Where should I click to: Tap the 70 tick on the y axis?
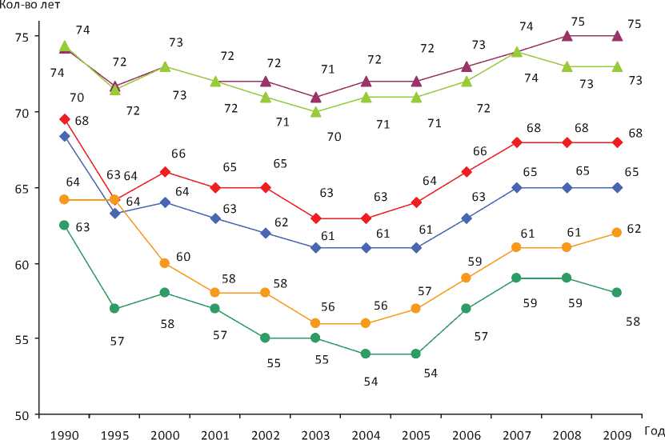tap(22, 113)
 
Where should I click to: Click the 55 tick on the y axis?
tap(22, 339)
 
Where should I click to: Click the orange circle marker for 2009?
tap(617, 233)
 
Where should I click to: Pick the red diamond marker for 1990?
tap(64, 119)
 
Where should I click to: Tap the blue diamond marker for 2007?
tap(518, 187)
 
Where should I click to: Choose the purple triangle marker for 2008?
tap(567, 35)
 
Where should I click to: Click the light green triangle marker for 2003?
tap(316, 112)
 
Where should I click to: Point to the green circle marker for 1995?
tap(114, 308)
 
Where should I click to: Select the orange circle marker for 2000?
tap(164, 263)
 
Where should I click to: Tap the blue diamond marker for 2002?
tap(266, 233)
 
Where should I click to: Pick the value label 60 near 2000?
tap(184, 257)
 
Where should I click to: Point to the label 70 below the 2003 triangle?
tap(334, 137)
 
